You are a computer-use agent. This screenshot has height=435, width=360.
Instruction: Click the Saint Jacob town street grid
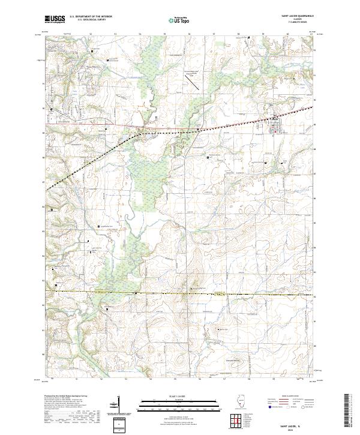tap(275, 127)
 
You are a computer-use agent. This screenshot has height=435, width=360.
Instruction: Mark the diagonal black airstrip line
tap(195, 85)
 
